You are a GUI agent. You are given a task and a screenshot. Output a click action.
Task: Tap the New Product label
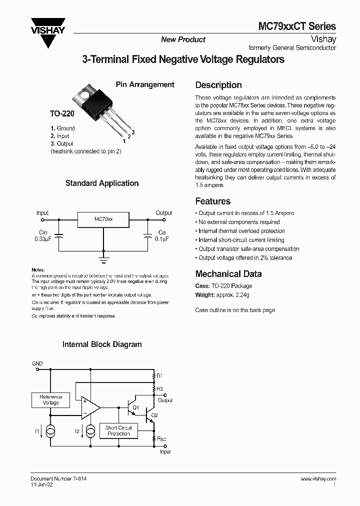point(183,39)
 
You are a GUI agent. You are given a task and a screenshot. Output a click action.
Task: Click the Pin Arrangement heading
point(145,84)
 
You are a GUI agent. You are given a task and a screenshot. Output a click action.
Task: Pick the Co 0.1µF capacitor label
point(161,235)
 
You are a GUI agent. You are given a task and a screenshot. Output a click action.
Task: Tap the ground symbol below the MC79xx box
point(103,259)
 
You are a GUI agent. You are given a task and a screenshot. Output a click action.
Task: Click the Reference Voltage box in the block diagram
point(51,399)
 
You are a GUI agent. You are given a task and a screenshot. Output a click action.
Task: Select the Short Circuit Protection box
point(118,430)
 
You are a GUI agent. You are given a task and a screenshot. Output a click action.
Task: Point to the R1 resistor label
point(160,375)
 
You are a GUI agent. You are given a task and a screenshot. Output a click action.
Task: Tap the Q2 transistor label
point(154,415)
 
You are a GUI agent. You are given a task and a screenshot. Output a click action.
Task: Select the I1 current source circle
point(50,430)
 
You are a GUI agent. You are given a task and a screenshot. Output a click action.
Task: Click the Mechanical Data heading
point(228,273)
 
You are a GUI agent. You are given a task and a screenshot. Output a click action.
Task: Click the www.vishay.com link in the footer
point(318,478)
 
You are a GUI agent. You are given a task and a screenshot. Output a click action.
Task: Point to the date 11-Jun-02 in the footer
point(41,484)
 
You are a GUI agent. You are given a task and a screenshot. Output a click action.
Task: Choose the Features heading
point(212,201)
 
